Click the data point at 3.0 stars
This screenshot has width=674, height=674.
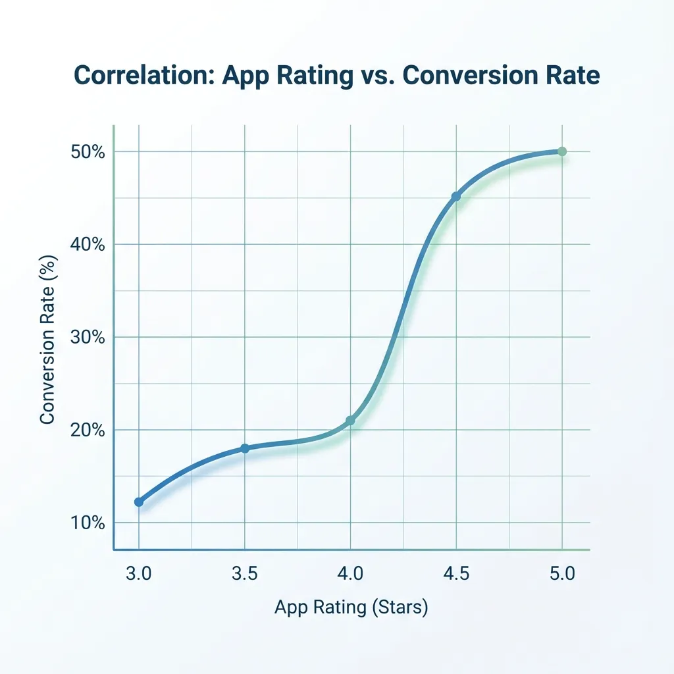click(x=139, y=502)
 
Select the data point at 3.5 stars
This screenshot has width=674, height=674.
click(x=245, y=448)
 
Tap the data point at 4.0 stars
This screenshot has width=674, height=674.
click(x=350, y=421)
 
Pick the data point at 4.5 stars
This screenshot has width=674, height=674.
click(x=455, y=197)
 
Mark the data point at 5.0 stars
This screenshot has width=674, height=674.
click(x=561, y=151)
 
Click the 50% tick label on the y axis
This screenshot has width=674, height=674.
click(x=88, y=152)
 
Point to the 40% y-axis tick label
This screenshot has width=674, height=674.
click(x=88, y=245)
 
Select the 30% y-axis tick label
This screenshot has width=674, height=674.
click(x=88, y=338)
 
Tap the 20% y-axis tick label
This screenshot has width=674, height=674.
click(x=88, y=430)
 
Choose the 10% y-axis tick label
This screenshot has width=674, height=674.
click(x=88, y=523)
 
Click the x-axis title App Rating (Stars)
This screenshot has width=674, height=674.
click(x=351, y=607)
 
